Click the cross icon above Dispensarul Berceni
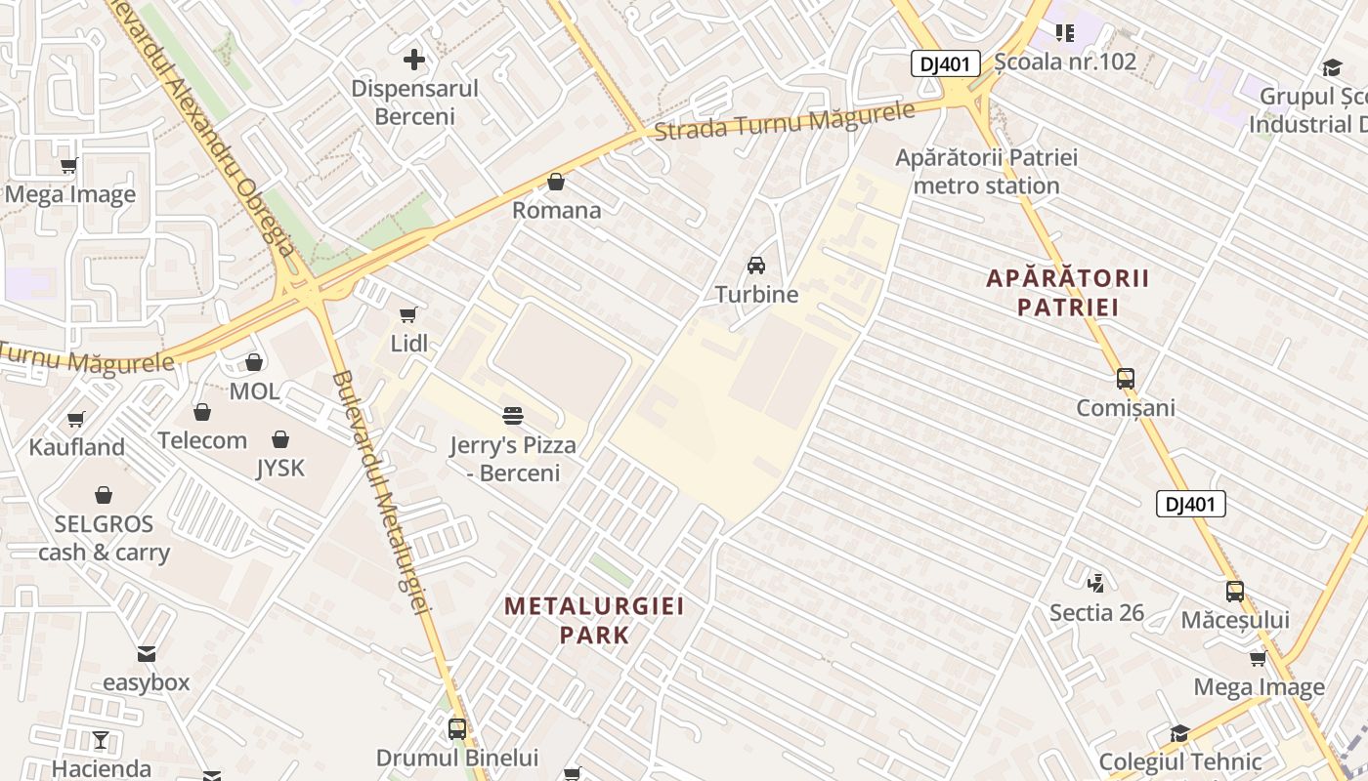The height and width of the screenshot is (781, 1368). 414,60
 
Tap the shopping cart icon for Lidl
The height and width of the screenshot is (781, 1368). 408,314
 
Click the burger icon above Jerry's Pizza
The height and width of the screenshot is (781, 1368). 513,416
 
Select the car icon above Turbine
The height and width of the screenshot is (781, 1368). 755,265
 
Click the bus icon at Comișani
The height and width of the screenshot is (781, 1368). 1126,379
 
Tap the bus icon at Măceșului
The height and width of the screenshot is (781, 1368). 1235,591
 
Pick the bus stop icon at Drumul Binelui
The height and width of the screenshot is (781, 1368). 456,728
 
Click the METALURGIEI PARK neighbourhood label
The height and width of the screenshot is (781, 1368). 594,620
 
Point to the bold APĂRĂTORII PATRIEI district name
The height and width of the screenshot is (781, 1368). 1067,293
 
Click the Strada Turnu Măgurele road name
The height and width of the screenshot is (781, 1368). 784,123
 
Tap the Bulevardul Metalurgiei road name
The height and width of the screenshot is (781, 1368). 381,493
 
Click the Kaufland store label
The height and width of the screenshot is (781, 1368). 77,447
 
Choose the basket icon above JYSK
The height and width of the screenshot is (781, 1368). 280,439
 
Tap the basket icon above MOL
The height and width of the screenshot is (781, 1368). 254,362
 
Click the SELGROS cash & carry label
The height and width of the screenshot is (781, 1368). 104,538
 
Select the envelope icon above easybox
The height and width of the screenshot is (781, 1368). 147,653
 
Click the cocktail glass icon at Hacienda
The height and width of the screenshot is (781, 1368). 101,740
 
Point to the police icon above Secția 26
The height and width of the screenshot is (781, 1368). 1096,583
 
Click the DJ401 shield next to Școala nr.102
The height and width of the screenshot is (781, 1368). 945,64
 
